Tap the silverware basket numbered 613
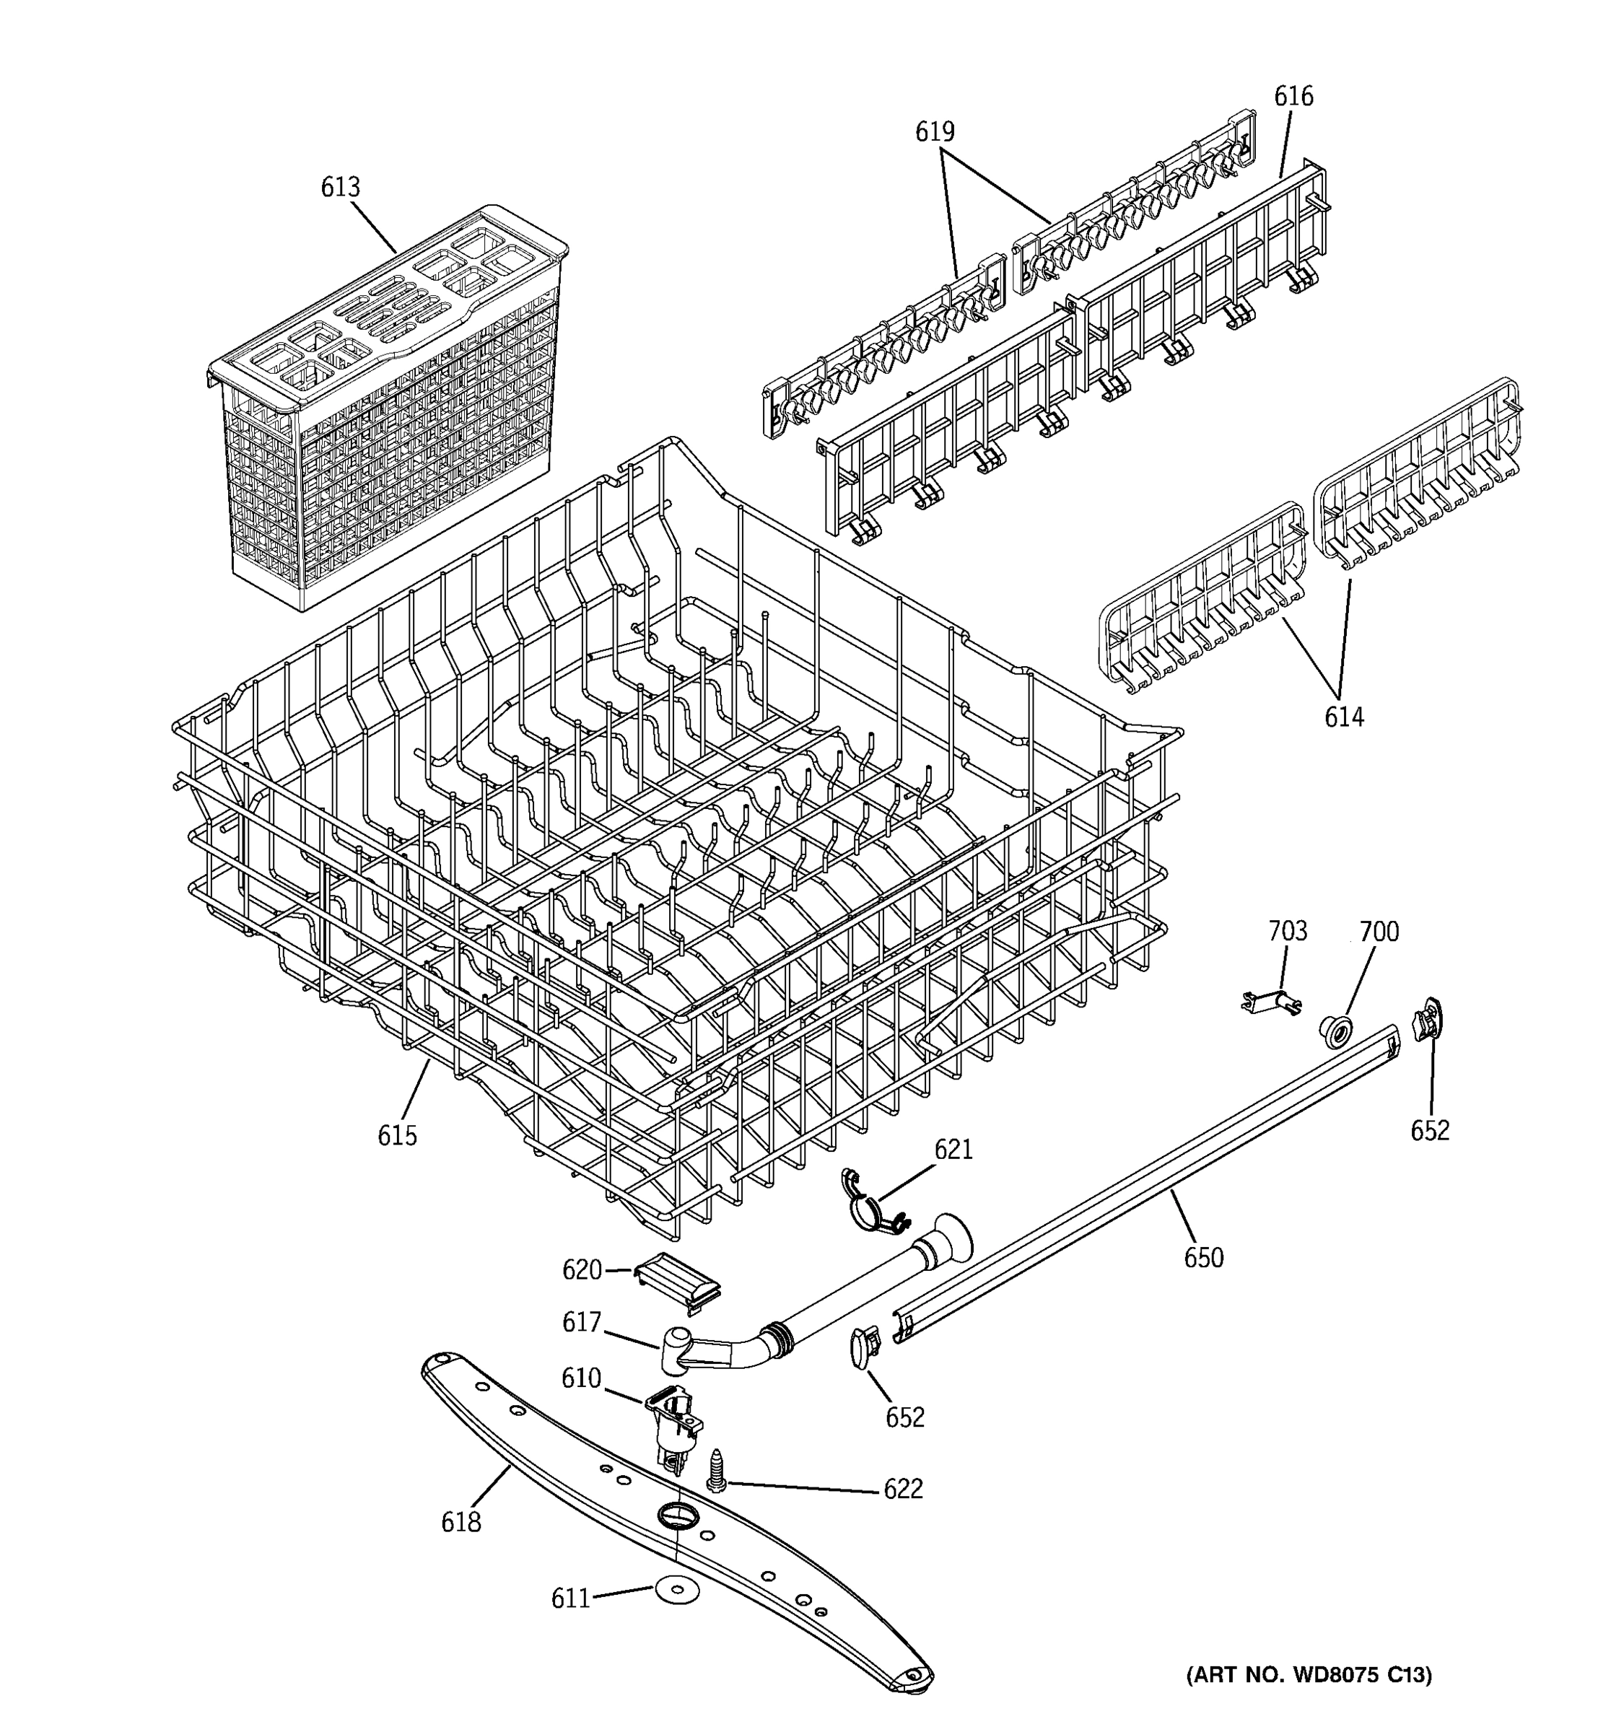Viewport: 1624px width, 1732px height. tap(388, 409)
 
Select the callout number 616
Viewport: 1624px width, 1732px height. tap(1293, 96)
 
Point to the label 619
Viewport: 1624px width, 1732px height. tap(934, 131)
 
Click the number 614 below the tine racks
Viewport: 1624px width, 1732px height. tap(1343, 717)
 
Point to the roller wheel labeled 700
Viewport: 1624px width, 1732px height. tap(1334, 1031)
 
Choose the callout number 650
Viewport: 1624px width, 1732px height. tap(1203, 1258)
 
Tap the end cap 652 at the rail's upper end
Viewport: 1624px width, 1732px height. tap(1426, 1020)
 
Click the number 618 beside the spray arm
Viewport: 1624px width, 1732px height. tap(461, 1523)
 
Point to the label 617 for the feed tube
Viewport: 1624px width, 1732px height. tap(581, 1323)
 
